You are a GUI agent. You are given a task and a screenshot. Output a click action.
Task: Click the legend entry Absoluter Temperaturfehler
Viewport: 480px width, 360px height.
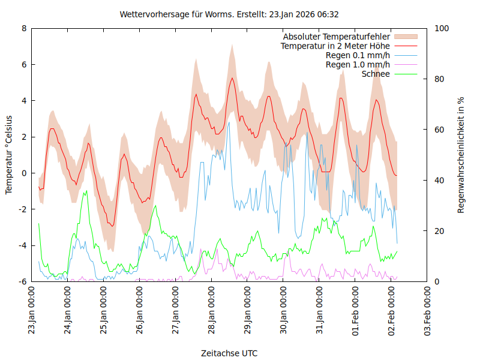337,37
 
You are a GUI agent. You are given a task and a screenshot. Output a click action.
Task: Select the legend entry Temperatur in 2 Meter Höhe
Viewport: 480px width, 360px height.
335,46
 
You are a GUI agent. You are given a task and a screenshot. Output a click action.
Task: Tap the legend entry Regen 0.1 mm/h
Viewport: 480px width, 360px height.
358,55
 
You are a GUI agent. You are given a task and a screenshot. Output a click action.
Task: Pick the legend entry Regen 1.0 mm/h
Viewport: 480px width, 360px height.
358,64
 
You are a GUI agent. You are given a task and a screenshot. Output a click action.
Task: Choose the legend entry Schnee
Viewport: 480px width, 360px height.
376,74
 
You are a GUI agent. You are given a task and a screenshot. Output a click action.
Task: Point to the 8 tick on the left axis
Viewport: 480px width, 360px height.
24,28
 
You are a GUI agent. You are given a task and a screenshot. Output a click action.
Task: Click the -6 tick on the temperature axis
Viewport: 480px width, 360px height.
22,281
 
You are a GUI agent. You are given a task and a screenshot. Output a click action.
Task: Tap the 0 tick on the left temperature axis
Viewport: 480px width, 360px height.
24,173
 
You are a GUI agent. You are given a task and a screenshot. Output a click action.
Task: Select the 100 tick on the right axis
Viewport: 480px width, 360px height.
441,28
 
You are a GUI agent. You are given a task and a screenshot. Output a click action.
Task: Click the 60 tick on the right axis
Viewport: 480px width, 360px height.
439,130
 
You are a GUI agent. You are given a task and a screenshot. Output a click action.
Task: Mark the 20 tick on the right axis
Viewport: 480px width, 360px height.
439,231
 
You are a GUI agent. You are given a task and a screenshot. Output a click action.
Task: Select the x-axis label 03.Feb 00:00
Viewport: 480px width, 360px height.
427,311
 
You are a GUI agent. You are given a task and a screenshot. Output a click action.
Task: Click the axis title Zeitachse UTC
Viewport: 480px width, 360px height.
229,353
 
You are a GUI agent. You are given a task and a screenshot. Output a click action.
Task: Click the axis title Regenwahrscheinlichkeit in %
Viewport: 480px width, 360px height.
461,155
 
